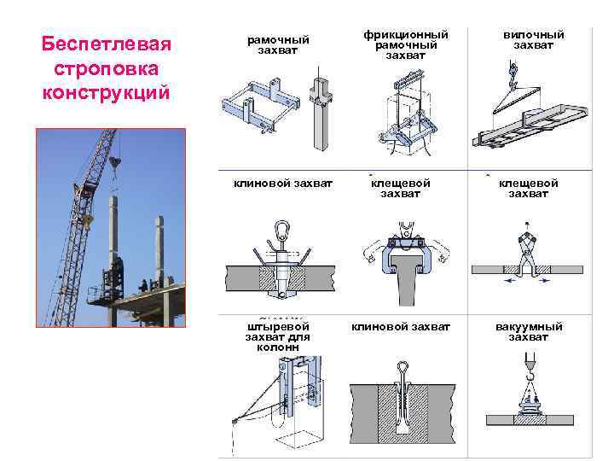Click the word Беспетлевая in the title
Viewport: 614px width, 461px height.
(107, 44)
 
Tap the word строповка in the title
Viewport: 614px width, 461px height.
(107, 67)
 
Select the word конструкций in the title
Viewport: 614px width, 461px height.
(107, 91)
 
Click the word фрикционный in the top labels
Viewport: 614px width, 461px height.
(405, 34)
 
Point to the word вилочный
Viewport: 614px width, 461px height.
(533, 34)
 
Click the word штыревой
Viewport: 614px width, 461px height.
(279, 326)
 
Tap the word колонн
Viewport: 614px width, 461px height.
(279, 347)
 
